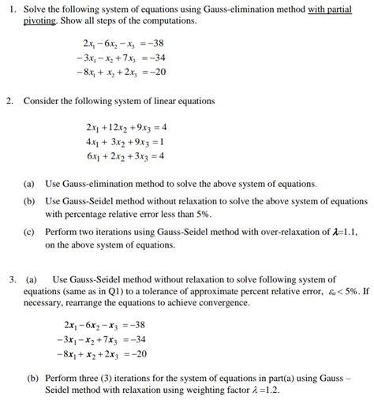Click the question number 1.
point(10,8)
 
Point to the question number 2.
point(10,102)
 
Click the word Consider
point(41,102)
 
